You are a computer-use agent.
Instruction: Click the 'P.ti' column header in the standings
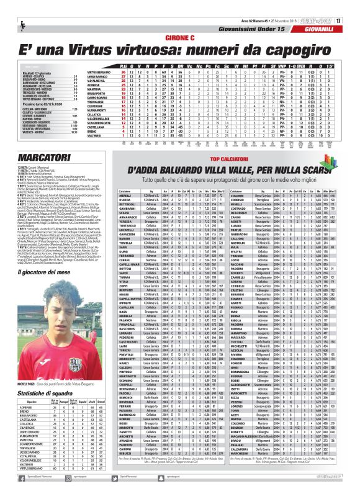tap(124, 66)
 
